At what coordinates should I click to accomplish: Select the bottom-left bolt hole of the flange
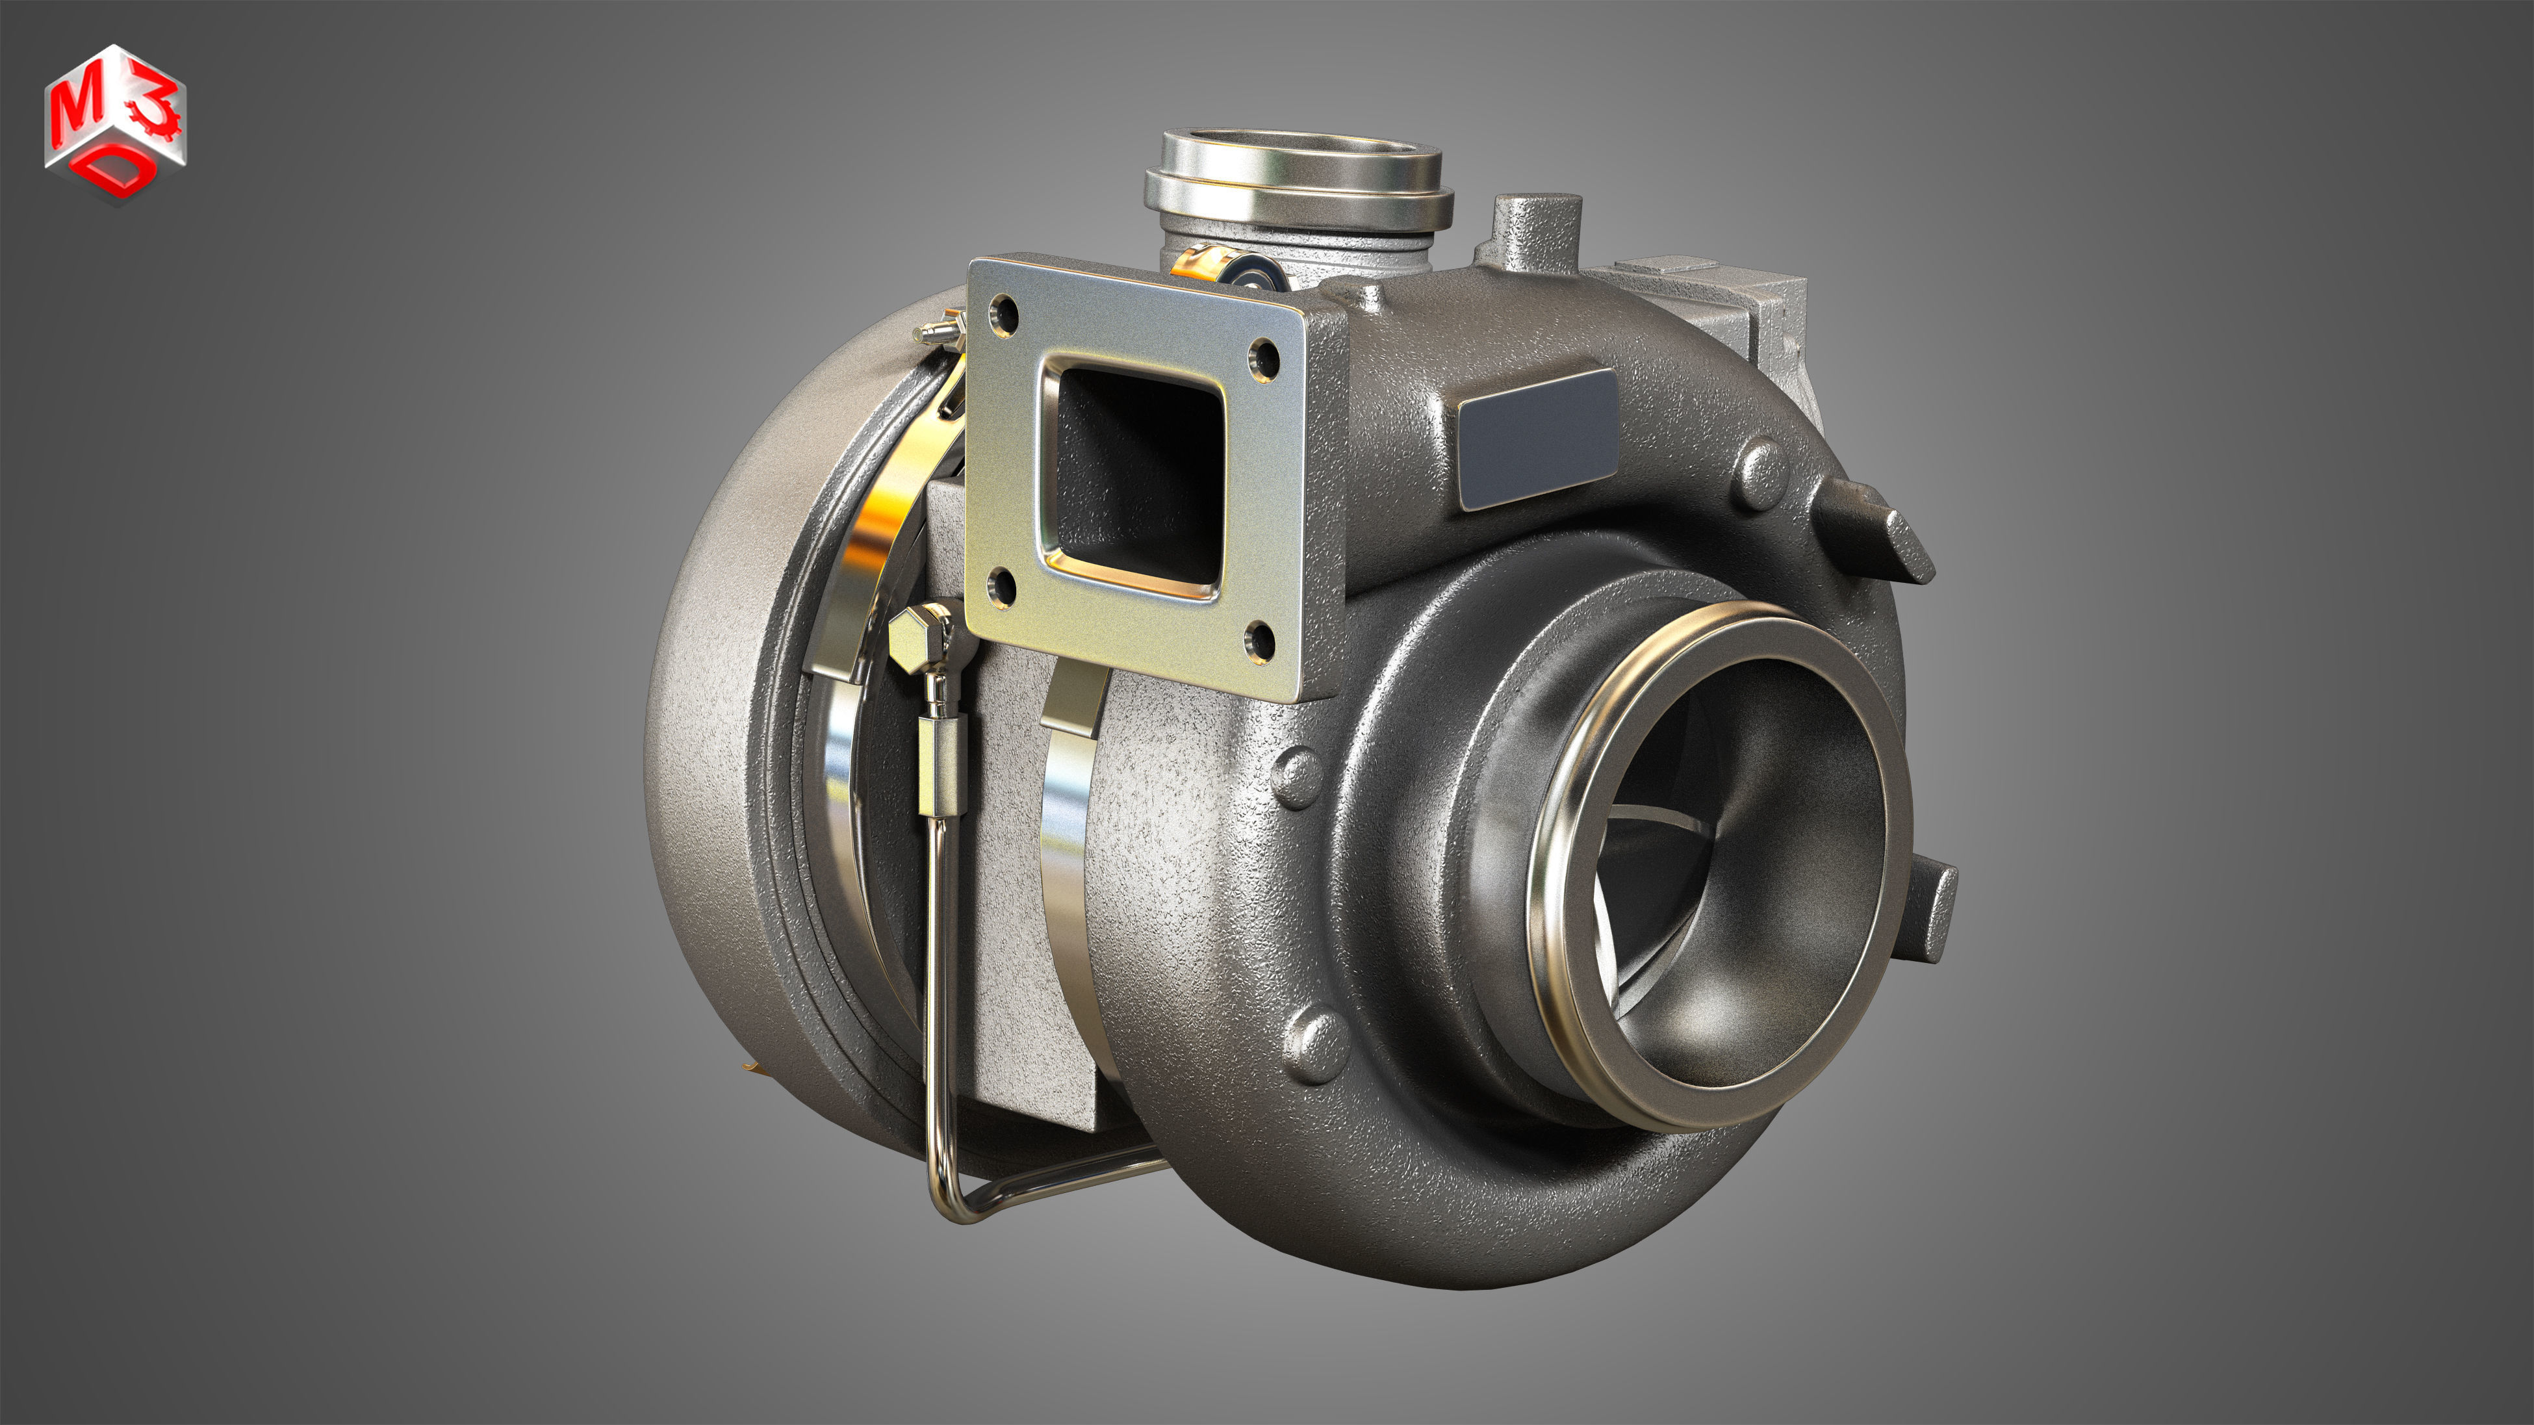[1003, 588]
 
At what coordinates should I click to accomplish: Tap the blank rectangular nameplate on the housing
[1537, 439]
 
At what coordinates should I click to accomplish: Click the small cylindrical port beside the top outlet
[1535, 231]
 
